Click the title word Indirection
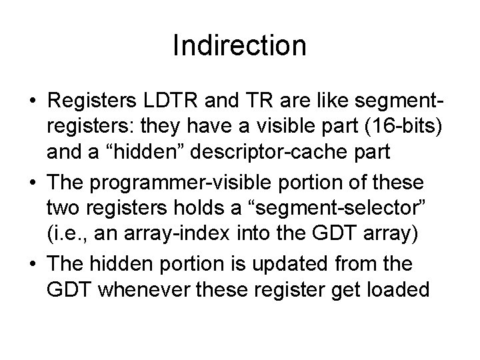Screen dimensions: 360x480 (x=239, y=46)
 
